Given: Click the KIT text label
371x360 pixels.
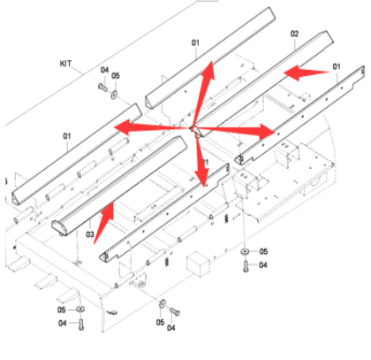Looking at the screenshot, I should click(64, 63).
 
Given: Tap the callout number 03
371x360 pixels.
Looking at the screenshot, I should click(90, 234).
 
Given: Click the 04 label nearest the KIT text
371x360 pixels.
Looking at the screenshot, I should click(104, 71).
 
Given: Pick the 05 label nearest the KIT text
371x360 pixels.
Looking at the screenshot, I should click(116, 76).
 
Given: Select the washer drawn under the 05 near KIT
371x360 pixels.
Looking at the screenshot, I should click(115, 92).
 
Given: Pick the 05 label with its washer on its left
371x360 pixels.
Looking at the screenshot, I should click(262, 251).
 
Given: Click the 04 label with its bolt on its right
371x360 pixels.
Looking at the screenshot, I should click(63, 323).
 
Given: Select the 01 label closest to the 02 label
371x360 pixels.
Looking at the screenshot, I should click(336, 66).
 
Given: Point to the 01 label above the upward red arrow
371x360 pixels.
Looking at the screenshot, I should click(195, 42).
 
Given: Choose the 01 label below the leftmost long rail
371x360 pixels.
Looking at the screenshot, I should click(65, 135).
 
